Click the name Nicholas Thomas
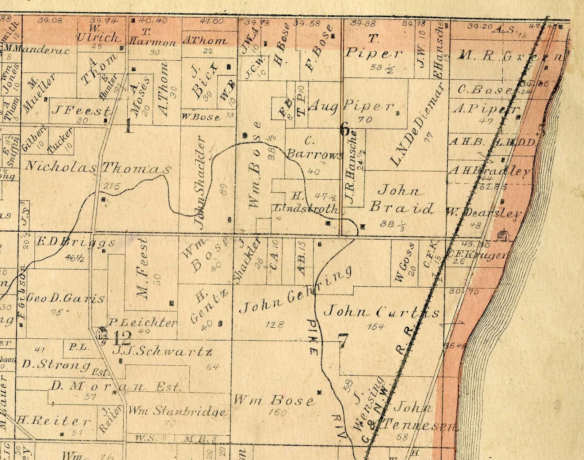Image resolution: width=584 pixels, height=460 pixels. [97, 167]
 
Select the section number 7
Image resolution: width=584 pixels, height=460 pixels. [343, 341]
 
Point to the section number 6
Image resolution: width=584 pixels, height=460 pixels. [345, 129]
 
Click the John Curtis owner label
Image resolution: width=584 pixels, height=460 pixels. [381, 312]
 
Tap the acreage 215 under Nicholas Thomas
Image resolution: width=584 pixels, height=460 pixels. [111, 186]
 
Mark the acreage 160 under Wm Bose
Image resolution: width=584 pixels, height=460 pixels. [277, 413]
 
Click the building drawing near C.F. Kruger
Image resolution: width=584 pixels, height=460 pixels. [503, 235]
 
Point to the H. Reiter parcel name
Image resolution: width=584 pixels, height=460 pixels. [54, 421]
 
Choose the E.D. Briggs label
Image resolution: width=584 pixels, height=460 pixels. [76, 242]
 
